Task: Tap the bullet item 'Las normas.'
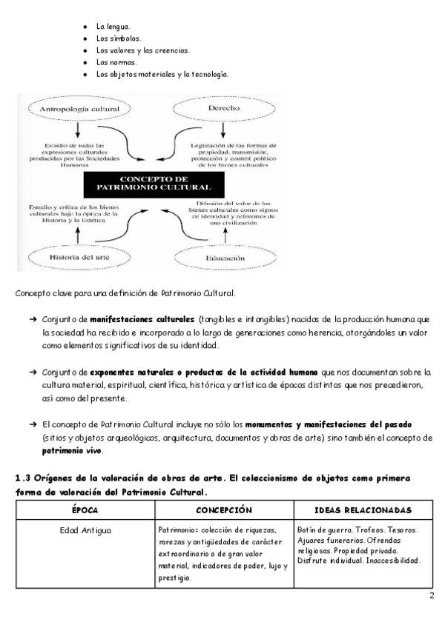(x=116, y=62)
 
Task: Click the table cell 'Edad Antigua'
(x=85, y=531)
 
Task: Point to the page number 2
(x=431, y=597)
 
